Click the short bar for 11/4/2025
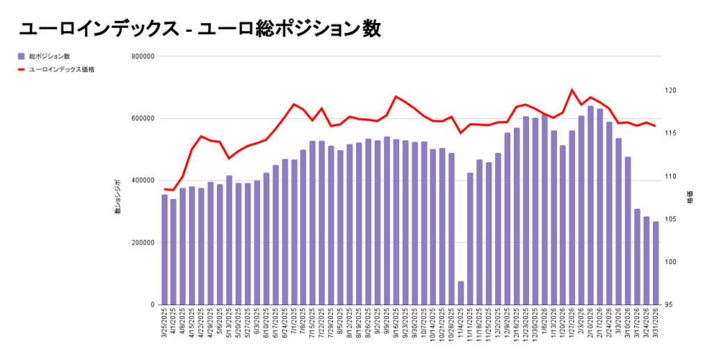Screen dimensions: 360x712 point(461,293)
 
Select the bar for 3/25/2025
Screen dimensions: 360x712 point(165,250)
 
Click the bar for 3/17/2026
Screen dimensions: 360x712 point(637,256)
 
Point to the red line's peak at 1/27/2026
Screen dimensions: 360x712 point(572,90)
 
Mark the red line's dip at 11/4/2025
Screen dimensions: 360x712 point(461,133)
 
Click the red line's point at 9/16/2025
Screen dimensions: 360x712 point(396,97)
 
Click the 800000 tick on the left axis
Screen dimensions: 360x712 point(143,56)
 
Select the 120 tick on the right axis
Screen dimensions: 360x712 point(670,90)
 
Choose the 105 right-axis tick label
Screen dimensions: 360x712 point(670,219)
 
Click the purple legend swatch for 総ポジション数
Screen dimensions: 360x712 point(22,56)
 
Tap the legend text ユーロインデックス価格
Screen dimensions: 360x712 point(62,69)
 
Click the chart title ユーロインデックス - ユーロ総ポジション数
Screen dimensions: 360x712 point(200,29)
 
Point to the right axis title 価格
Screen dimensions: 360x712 point(689,197)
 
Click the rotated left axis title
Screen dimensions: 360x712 point(118,197)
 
